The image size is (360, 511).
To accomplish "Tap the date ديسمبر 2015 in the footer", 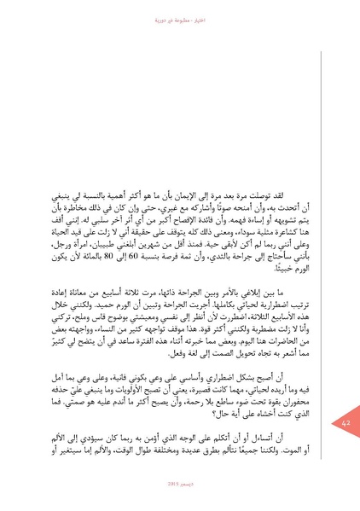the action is click(177, 494).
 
